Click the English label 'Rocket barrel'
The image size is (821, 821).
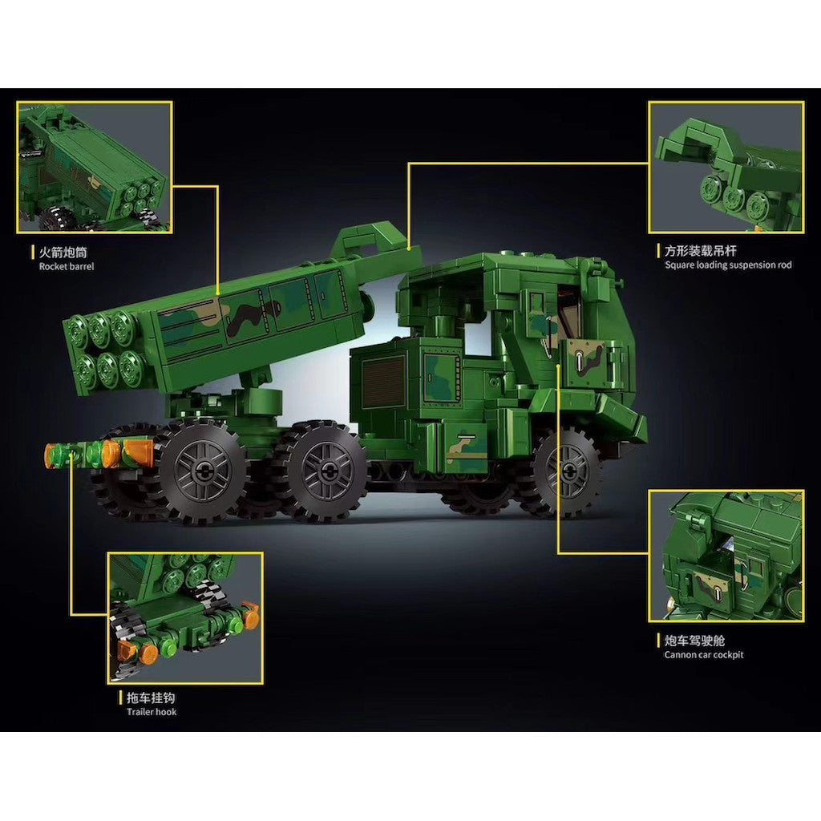click(67, 266)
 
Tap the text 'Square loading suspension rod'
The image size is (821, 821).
click(728, 265)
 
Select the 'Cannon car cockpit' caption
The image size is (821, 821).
click(704, 655)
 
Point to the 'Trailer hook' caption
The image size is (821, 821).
click(152, 712)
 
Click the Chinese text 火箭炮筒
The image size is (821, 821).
click(63, 253)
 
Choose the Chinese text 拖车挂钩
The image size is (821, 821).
click(151, 698)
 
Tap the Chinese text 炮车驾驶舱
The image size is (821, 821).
click(695, 641)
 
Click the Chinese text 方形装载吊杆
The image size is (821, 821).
click(701, 250)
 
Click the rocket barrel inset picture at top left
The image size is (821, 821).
click(95, 168)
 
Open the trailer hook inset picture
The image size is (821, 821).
click(185, 618)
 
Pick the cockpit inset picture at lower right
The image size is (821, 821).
click(726, 556)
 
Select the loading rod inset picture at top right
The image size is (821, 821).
click(726, 167)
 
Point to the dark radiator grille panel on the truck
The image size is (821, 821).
click(382, 382)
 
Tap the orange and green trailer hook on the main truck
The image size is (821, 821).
click(99, 454)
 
